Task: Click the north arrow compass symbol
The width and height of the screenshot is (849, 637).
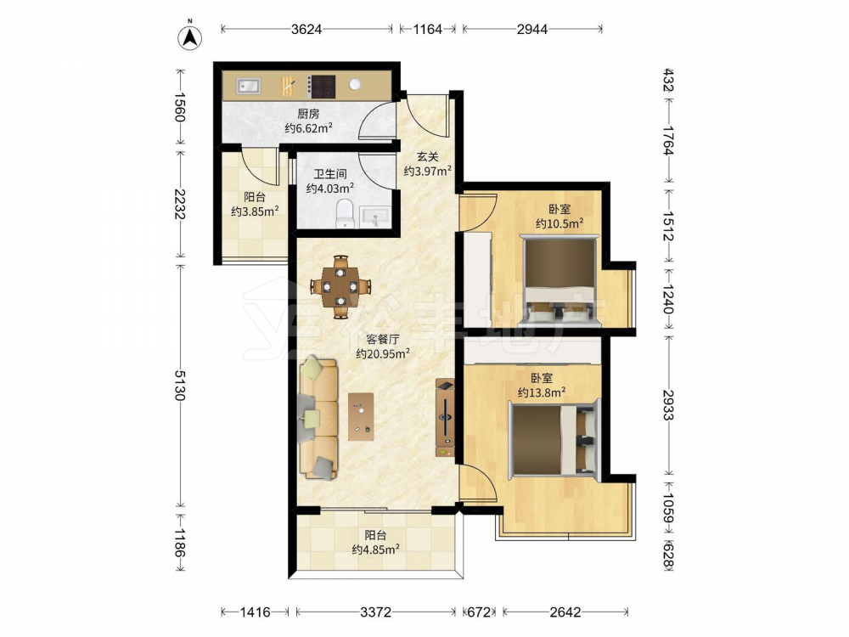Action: point(190,37)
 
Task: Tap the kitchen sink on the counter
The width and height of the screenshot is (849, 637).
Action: point(249,86)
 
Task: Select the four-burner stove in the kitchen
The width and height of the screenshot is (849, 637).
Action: point(322,87)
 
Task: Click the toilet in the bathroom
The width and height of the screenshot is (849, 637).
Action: point(345,213)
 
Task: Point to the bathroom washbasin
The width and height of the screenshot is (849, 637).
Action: point(375,216)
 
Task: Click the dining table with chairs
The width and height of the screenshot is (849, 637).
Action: point(340,286)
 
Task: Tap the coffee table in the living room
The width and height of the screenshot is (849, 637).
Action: point(361,416)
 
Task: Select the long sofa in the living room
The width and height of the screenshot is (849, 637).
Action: point(318,417)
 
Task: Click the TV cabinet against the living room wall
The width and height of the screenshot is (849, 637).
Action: point(445,418)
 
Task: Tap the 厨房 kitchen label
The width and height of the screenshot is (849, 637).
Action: point(308,114)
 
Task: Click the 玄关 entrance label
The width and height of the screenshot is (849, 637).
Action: point(427,157)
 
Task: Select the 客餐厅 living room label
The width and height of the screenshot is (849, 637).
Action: point(383,340)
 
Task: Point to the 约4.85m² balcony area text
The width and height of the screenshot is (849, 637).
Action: point(376,550)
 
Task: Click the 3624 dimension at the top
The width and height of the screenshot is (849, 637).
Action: point(306,29)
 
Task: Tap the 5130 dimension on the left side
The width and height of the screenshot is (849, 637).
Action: point(180,385)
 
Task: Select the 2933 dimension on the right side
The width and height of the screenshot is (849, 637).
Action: point(668,405)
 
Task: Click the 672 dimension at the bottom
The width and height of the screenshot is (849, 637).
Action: point(479,612)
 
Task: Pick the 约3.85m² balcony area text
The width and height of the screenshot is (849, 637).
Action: point(255,211)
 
